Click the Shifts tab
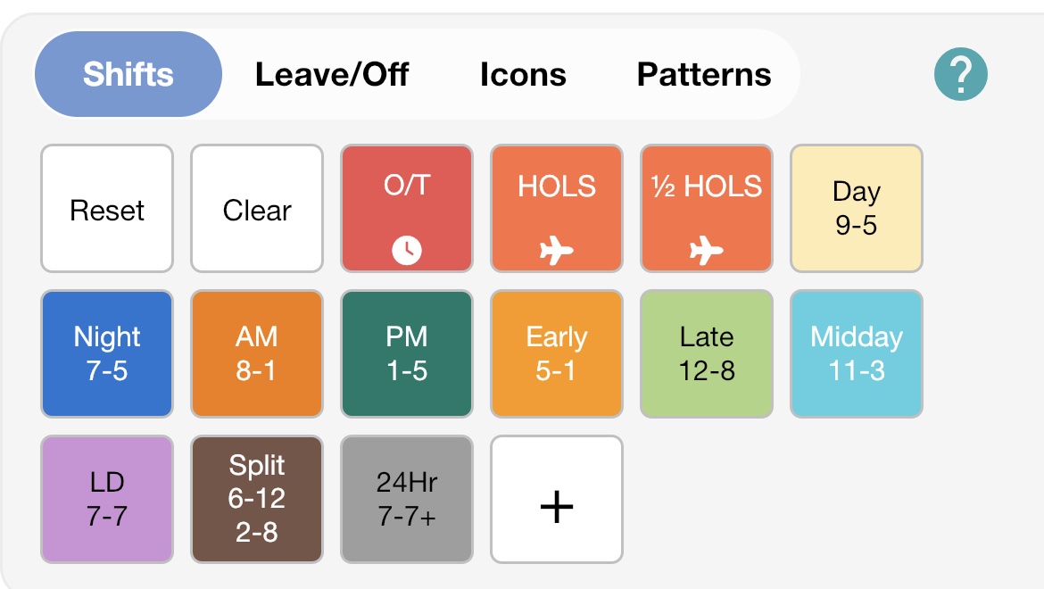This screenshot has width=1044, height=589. point(128,74)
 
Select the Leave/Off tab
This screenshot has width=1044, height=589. point(332,74)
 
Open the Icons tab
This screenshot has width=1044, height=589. point(523,74)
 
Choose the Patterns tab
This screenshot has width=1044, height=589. point(704,74)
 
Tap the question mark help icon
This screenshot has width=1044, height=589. point(961,74)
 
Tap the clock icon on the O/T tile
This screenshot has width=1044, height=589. point(407,252)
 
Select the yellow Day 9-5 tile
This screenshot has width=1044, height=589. point(857,209)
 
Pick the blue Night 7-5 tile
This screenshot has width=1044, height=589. point(107,354)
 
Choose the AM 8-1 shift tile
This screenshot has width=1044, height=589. point(257,354)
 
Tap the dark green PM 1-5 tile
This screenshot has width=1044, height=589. point(407,354)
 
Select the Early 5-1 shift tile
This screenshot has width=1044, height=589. point(557,354)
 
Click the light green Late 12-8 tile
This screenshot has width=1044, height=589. point(707,354)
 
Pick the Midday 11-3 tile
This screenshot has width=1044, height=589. point(857,354)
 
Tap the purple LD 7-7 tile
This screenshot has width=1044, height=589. point(107,500)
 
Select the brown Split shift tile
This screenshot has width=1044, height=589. point(257,500)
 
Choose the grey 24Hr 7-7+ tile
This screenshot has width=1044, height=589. point(407,500)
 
